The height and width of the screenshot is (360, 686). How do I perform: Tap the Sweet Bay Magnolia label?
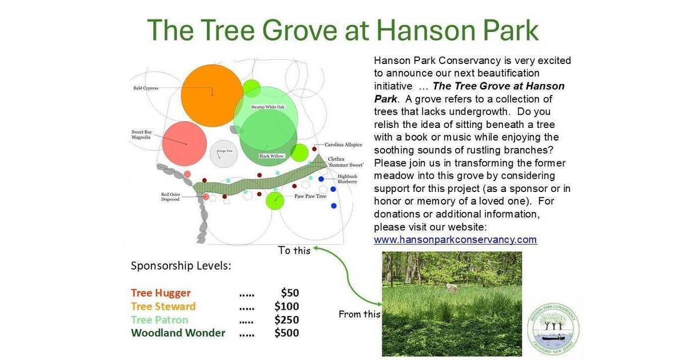click(x=141, y=135)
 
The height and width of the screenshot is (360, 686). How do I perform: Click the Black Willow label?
click(x=272, y=156)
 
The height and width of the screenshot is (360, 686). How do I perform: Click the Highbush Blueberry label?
click(x=347, y=179)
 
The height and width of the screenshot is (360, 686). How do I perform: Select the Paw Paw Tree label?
click(x=310, y=197)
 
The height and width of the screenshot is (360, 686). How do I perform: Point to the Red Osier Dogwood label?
click(x=171, y=198)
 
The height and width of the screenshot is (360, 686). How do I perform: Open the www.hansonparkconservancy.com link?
click(x=455, y=239)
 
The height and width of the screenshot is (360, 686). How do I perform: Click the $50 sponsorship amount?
click(x=290, y=293)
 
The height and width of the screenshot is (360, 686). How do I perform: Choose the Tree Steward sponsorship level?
click(x=163, y=306)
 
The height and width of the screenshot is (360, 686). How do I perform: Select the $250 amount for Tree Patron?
click(x=286, y=319)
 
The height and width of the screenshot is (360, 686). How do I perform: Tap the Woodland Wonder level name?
click(x=178, y=333)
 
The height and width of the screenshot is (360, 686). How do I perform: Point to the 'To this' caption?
click(x=294, y=250)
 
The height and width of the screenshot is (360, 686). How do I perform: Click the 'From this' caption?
click(x=359, y=314)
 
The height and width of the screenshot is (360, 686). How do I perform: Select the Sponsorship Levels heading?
click(x=181, y=266)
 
